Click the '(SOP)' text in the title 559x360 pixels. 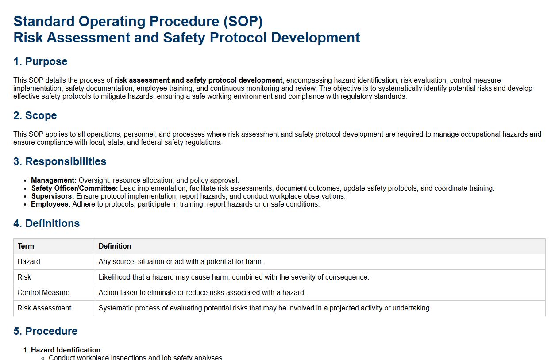243,21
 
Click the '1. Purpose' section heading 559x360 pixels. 40,61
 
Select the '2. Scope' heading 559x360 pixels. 35,115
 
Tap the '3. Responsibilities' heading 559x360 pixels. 60,161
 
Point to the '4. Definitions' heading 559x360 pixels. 46,223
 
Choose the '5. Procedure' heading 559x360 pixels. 46,331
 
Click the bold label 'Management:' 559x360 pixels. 54,180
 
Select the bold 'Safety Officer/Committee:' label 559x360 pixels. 74,188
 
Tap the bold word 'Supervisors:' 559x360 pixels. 53,196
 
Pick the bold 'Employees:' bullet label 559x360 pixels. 50,204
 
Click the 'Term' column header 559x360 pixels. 26,246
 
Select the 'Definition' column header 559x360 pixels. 115,246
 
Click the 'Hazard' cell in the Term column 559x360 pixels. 29,261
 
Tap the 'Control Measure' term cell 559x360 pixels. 43,292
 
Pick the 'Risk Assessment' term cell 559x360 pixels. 44,308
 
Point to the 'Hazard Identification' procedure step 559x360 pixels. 66,350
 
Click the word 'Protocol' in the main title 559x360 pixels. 238,38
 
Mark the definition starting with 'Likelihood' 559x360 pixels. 234,277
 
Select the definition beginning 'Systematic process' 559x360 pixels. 265,308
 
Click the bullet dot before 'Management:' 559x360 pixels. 25,181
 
